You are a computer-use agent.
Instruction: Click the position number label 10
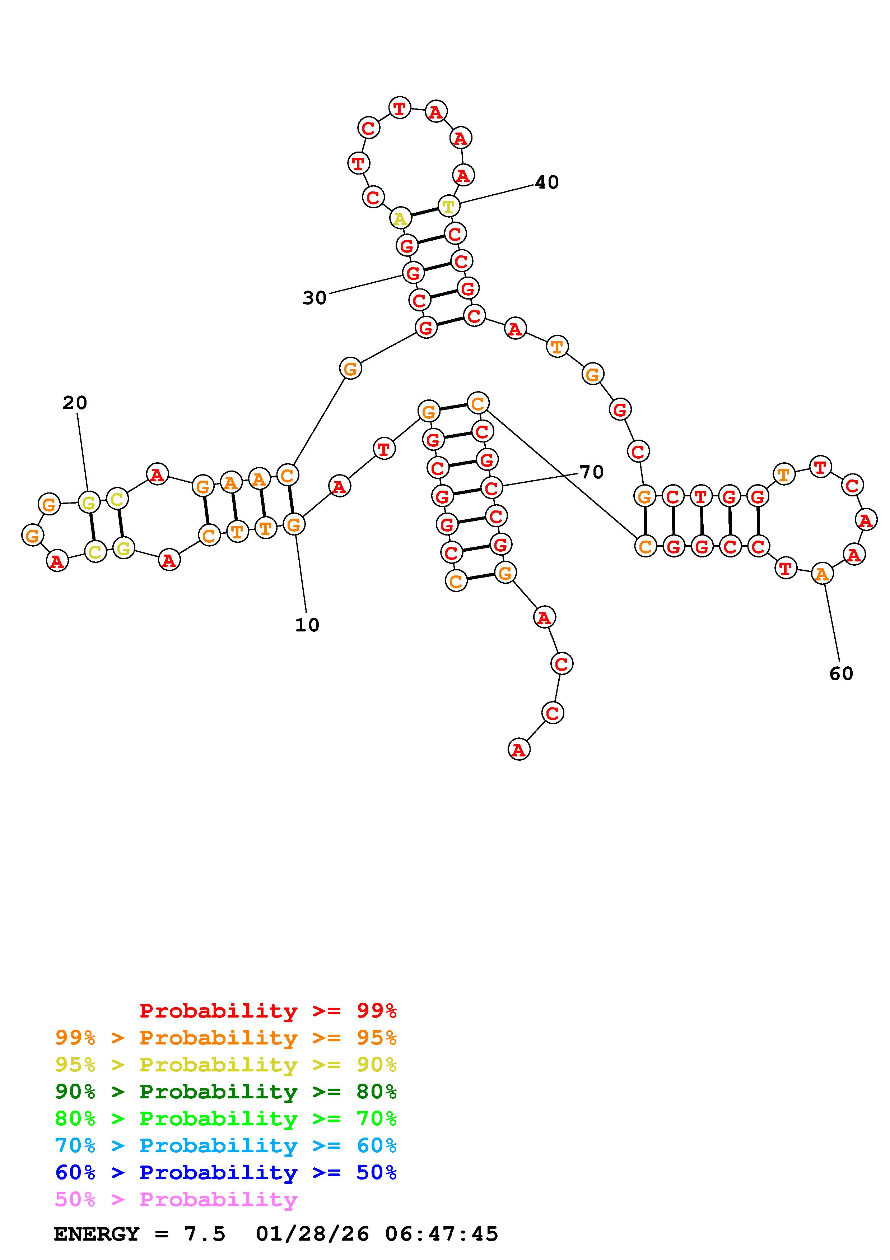307,625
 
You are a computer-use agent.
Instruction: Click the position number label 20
75,403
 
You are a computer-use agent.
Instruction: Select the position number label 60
841,673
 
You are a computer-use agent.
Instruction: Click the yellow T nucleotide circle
448,207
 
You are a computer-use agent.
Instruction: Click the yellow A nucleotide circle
400,218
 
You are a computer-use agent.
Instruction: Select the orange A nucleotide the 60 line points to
821,574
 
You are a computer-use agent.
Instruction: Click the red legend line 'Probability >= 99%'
268,1011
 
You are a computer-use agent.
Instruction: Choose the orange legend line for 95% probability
226,1038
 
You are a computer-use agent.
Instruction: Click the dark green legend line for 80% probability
226,1092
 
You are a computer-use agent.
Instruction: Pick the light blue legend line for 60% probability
226,1145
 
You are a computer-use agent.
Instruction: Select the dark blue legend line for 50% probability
226,1172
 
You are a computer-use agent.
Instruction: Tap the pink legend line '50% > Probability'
176,1199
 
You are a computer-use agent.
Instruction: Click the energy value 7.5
205,1234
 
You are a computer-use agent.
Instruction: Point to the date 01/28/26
312,1234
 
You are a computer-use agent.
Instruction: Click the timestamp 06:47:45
442,1234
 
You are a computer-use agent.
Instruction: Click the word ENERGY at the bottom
97,1234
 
